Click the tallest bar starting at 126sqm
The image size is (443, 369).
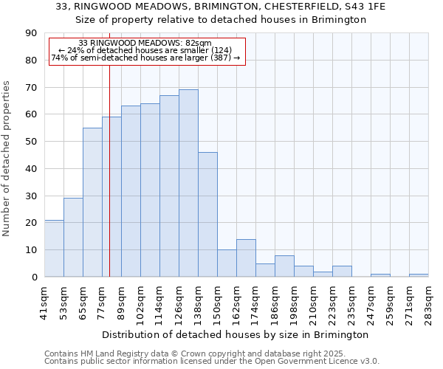[x=188, y=183]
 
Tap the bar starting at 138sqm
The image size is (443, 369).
[x=207, y=214]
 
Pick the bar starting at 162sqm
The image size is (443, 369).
[x=246, y=258]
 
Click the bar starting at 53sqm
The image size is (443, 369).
[x=73, y=237]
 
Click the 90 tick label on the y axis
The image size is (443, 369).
[x=31, y=33]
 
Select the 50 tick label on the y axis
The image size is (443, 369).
[x=31, y=142]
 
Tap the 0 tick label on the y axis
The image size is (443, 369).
[x=34, y=277]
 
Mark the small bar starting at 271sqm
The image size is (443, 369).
[x=419, y=275]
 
